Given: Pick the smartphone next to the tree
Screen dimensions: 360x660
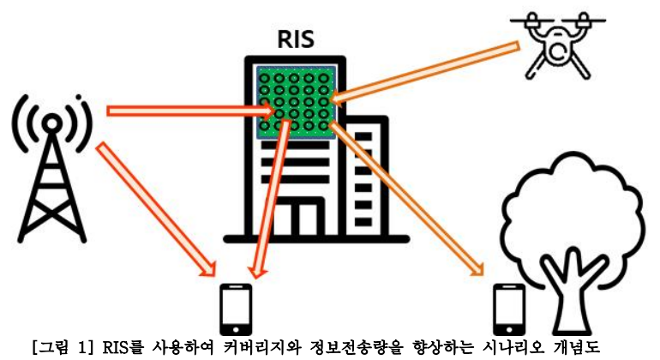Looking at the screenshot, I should tap(508, 309).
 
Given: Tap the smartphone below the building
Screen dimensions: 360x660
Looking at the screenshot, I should tap(235, 309).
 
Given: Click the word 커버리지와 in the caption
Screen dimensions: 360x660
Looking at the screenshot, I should tap(241, 348).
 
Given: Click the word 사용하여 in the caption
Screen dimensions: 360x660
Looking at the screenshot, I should tap(164, 348).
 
